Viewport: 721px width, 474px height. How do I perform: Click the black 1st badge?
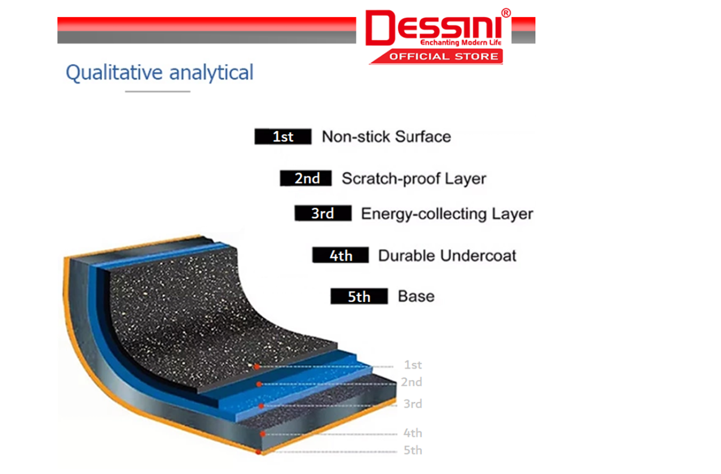(x=283, y=137)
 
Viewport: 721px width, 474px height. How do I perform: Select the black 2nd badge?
(x=306, y=178)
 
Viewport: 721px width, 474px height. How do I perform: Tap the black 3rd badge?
(x=323, y=213)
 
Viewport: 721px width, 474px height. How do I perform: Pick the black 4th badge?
(x=341, y=255)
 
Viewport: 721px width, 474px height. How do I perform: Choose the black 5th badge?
(x=359, y=296)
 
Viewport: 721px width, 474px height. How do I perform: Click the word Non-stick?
(x=356, y=137)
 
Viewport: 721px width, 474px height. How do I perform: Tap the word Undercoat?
(x=478, y=256)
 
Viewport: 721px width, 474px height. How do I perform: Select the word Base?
(x=416, y=296)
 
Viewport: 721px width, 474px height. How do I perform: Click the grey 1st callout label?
(x=413, y=365)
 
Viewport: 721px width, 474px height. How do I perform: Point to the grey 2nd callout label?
(x=411, y=382)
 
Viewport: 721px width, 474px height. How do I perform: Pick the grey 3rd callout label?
(x=413, y=404)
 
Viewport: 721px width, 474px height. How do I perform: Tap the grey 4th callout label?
(x=413, y=433)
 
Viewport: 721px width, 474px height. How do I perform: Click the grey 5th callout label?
(x=413, y=450)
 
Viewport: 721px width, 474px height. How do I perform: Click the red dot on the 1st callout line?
(x=256, y=367)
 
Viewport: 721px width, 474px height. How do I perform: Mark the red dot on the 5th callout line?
(x=258, y=453)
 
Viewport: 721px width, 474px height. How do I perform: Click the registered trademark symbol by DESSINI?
(x=506, y=13)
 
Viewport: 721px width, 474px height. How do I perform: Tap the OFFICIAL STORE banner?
(x=438, y=57)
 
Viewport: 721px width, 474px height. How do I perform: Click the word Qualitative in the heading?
(x=115, y=73)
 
